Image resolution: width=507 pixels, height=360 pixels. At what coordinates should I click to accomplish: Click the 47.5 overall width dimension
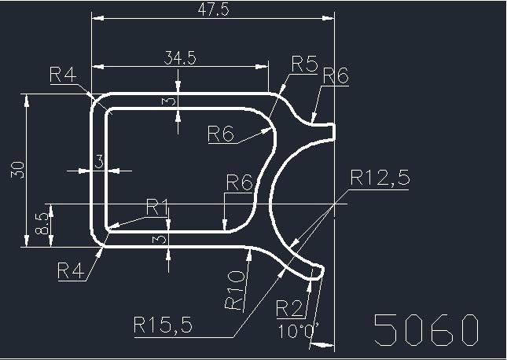213,9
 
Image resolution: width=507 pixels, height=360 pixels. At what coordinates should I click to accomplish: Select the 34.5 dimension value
179,57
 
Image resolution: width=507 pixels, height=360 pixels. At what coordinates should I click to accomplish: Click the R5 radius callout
303,64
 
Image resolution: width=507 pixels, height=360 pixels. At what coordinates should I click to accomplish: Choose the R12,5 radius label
380,178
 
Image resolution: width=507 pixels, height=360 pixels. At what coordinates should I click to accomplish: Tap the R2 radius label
289,308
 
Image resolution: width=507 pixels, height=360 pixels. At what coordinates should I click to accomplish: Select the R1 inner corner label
158,207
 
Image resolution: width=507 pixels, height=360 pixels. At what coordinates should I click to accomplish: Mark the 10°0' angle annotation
298,331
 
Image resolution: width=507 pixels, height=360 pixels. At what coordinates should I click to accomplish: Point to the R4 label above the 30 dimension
63,75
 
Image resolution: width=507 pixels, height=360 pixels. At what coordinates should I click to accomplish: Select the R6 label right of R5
336,76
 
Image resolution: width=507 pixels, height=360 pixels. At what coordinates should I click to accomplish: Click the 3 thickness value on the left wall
100,162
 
